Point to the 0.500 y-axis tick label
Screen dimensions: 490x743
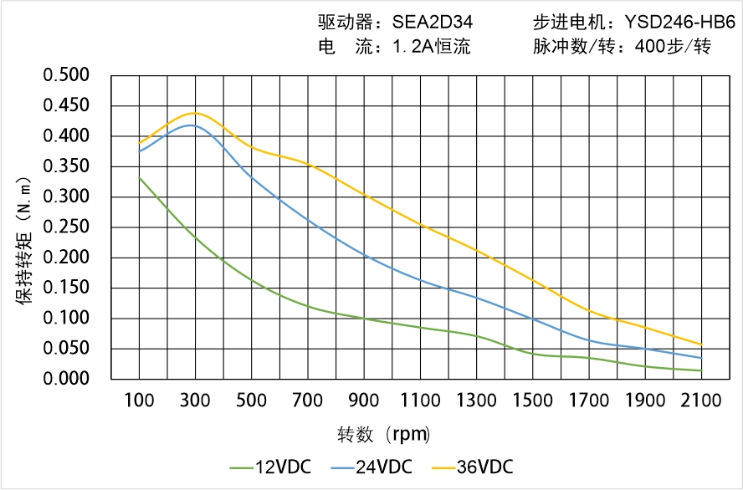(66, 75)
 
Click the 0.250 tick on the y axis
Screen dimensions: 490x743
(66, 227)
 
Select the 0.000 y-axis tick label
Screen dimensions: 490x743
(66, 379)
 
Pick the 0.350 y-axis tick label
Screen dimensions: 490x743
(66, 166)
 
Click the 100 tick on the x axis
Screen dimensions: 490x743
(139, 401)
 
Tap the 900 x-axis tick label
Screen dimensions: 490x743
(364, 401)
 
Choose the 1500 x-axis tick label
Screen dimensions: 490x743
(532, 401)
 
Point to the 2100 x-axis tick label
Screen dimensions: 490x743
(701, 401)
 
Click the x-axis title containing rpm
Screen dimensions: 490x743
(384, 434)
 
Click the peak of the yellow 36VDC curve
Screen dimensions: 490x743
(195, 113)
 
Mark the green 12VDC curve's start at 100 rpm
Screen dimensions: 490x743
(139, 177)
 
